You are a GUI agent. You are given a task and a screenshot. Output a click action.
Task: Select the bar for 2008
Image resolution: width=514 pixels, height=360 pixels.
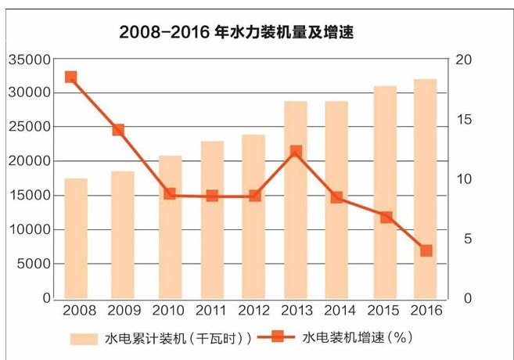76,239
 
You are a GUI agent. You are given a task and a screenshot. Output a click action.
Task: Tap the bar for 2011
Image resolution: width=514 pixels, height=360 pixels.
212,220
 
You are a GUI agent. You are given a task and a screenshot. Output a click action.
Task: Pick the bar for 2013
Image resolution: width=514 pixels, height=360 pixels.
296,200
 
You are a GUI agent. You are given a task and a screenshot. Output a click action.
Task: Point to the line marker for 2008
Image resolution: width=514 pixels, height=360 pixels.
70,77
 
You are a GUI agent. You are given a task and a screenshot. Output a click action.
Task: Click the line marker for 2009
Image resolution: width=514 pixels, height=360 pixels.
118,130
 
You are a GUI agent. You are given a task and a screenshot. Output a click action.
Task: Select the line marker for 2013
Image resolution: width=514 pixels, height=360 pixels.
296,152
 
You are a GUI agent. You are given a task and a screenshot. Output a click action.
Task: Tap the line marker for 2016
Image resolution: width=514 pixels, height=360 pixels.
426,250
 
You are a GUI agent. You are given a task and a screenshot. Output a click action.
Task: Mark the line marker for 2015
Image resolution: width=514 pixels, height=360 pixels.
386,218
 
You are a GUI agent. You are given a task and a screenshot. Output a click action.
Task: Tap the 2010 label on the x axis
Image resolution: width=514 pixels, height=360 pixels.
167,311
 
